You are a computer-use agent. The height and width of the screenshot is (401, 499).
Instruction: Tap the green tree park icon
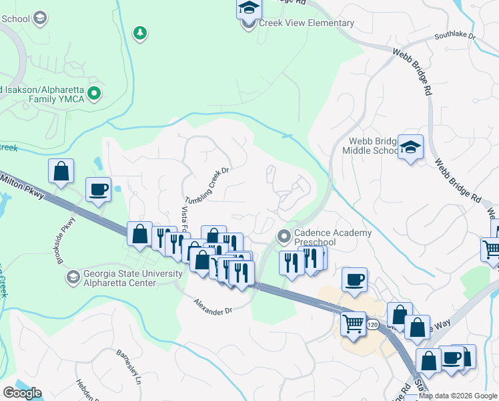(139, 33)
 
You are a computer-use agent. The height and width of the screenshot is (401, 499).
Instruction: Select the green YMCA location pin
(95, 94)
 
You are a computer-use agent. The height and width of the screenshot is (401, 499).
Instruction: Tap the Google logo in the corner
(22, 392)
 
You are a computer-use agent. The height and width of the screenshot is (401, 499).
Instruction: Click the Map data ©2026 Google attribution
(458, 396)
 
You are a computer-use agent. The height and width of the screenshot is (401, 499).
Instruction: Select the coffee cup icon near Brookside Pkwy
(99, 189)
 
